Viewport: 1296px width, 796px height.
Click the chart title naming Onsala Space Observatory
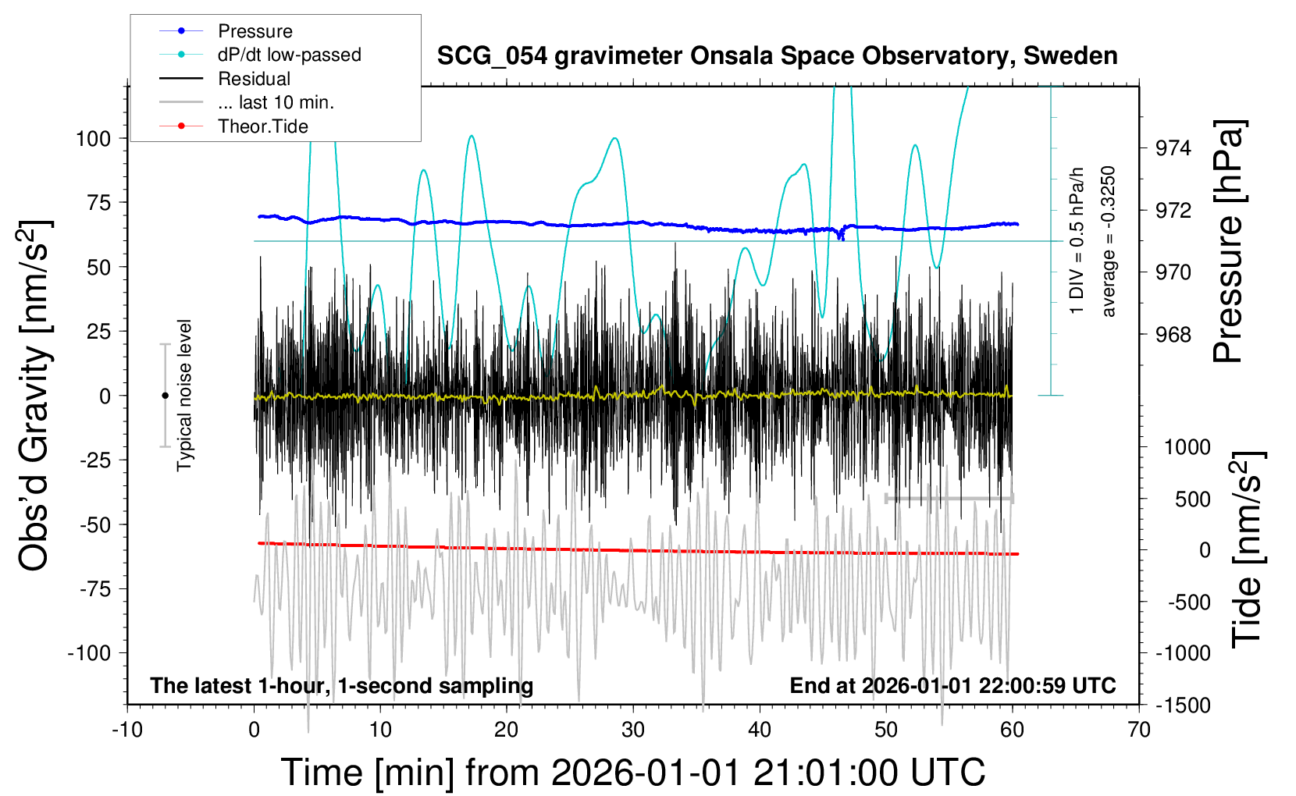pos(777,56)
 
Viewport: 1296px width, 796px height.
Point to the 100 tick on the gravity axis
pos(93,139)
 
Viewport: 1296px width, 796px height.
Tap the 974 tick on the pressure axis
pos(1173,149)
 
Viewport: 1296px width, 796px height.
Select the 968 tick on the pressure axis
pos(1173,334)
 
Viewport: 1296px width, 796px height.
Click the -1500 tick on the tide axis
pos(1183,705)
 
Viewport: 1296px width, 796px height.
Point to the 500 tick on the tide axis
pos(1192,499)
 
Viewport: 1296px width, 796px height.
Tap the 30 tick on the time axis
pos(633,730)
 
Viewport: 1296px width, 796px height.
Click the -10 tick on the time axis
pos(127,730)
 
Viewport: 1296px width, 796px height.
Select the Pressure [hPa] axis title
pos(1229,241)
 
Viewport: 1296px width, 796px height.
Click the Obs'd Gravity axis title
pos(34,396)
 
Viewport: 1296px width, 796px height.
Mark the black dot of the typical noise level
pos(165,396)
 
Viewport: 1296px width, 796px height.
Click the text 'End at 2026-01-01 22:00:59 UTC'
pos(953,685)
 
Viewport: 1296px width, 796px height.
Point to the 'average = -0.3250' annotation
pos(1108,241)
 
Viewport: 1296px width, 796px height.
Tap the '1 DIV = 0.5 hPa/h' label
pos(1076,241)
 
